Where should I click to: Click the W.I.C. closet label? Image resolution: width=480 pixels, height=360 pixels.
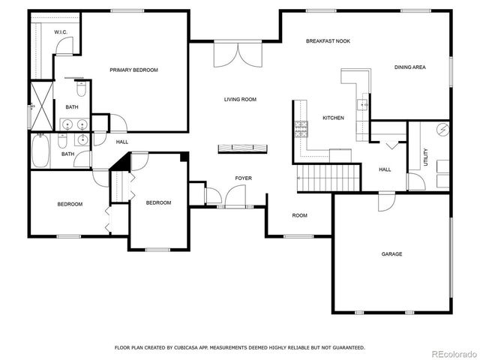[61, 32]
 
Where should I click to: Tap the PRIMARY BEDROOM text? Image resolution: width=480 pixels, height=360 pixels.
[133, 70]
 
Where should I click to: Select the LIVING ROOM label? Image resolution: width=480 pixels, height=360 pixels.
[240, 99]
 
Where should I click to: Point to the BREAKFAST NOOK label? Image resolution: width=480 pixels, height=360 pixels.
[328, 40]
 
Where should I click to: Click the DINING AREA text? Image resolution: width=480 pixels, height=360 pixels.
[409, 67]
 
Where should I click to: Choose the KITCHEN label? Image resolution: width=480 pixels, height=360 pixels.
[333, 118]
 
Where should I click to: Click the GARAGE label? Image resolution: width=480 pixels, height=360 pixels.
[391, 254]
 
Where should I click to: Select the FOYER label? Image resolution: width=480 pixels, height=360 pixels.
[243, 178]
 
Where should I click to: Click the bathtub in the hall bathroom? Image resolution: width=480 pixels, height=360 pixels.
[42, 151]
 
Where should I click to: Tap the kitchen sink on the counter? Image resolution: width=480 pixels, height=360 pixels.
[362, 104]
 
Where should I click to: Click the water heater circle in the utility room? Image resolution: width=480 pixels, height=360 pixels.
[442, 129]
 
